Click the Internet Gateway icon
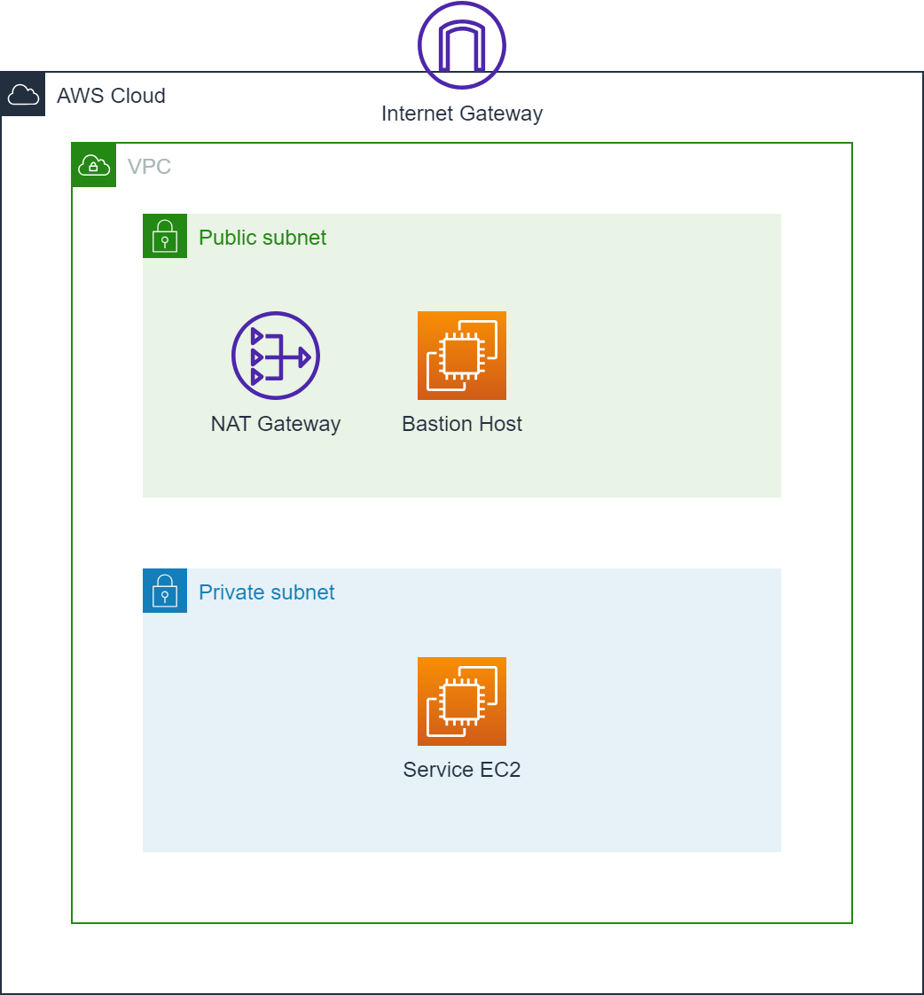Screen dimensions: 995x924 coord(462,45)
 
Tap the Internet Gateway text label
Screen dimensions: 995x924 coord(462,114)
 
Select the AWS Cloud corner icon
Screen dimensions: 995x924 coord(23,94)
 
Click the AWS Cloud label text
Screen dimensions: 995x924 coord(111,96)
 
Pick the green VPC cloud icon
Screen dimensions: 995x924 coord(94,165)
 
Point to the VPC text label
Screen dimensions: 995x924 coord(149,167)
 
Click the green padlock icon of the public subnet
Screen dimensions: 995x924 coord(165,236)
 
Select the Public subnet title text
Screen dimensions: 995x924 coord(262,238)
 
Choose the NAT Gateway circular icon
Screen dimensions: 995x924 coord(276,356)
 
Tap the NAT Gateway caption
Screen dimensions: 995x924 coord(276,424)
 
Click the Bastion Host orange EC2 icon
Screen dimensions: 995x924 coord(462,356)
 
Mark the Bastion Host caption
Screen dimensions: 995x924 coord(462,424)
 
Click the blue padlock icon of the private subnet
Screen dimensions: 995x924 coord(165,591)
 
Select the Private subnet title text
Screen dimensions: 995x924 coord(267,592)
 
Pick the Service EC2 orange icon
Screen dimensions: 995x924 coord(462,701)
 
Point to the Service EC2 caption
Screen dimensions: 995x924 coord(462,770)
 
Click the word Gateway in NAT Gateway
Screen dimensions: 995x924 coord(297,424)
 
